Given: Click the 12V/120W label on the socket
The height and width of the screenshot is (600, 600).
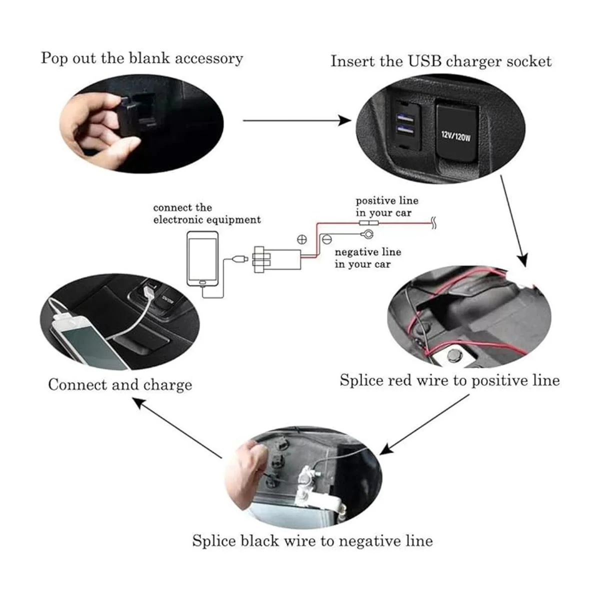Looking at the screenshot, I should coord(455,135).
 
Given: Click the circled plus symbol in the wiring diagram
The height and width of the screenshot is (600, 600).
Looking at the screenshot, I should coord(301,239).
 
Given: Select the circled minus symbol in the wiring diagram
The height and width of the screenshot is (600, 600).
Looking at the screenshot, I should coord(326,239).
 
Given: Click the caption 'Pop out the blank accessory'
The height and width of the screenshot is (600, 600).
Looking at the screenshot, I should coord(141,58).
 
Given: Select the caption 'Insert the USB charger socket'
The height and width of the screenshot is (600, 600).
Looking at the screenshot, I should coord(440,61).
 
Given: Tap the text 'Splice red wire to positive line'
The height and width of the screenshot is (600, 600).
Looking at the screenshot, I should coord(449,380).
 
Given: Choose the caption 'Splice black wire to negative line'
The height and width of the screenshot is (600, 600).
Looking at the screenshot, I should coord(312,541).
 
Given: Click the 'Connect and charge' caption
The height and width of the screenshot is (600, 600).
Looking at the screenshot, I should coord(120,384).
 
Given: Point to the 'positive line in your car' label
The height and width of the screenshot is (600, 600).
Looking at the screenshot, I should coord(386,206).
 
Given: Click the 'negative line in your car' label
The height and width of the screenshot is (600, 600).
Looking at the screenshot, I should coord(367,258).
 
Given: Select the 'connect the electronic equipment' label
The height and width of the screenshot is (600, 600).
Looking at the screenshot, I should coord(206,213).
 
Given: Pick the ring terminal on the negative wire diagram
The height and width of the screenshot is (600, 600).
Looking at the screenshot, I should coord(367,233).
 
